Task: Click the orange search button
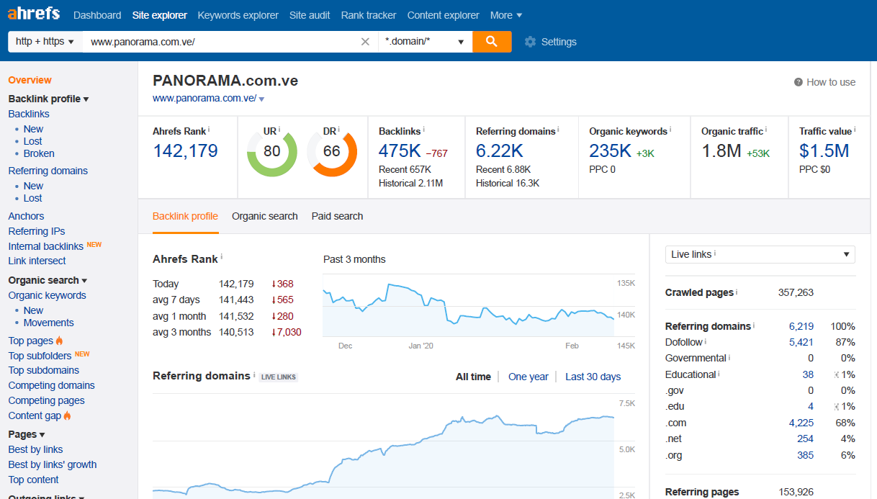[492, 42]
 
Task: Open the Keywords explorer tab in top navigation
[238, 15]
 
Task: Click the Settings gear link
[551, 42]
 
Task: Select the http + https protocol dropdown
[45, 42]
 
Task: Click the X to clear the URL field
[365, 42]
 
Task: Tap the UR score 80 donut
[272, 152]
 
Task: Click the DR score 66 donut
[332, 152]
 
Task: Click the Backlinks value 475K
[400, 151]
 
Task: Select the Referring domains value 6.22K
[499, 151]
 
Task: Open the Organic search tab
[264, 216]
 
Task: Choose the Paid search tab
[337, 216]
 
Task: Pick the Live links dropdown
[760, 254]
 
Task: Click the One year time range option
[528, 377]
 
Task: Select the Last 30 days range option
[593, 377]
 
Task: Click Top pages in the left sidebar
[31, 341]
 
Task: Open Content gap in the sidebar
[35, 415]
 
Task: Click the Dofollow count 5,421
[801, 342]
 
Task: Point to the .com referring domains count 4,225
[801, 423]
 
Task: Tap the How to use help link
[825, 82]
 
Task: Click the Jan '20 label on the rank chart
[421, 346]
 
